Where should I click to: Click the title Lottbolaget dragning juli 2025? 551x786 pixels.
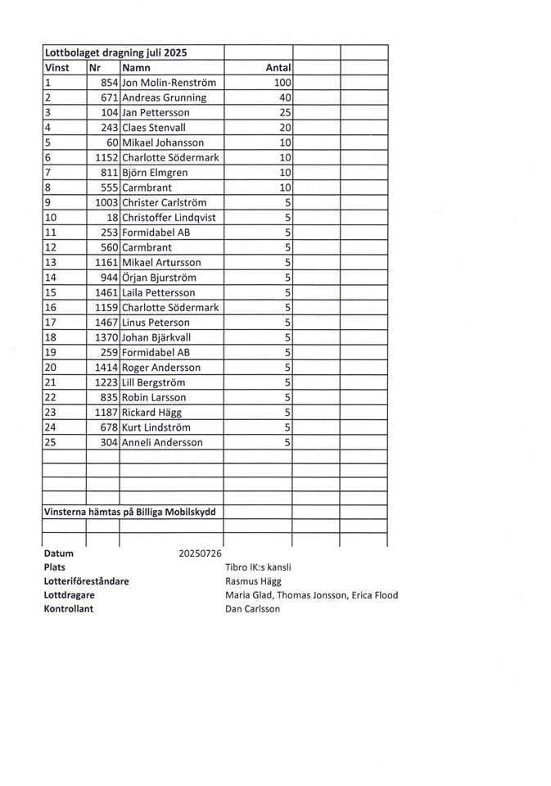[x=115, y=52]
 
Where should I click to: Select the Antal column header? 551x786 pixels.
[x=279, y=68]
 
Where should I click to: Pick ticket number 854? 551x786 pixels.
[x=110, y=83]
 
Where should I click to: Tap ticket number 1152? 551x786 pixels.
[x=106, y=157]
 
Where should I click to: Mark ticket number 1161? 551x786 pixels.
[x=106, y=262]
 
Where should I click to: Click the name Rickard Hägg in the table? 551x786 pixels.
[x=154, y=413]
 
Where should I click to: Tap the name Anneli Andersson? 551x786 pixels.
[x=163, y=443]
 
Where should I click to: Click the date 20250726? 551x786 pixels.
[x=200, y=553]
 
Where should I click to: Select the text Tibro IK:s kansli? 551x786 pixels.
[x=258, y=567]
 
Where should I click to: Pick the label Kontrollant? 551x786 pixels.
[x=69, y=609]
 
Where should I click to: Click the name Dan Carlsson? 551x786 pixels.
[x=252, y=609]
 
